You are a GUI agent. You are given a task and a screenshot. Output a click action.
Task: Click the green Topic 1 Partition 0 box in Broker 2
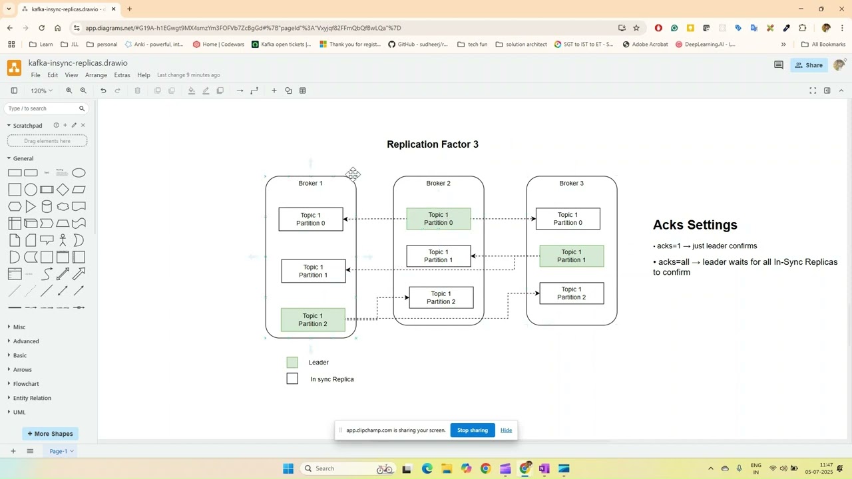tap(439, 219)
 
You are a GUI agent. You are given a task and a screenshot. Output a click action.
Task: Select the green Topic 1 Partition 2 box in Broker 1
tap(313, 320)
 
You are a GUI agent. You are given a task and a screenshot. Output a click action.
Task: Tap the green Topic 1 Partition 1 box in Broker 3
tap(572, 256)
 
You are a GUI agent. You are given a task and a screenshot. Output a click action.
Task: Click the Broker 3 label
tap(571, 183)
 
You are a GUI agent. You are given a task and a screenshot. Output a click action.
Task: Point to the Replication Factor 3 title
tap(433, 144)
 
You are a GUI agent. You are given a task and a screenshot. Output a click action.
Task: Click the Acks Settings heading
tap(695, 225)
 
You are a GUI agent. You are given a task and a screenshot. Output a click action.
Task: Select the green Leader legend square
tap(292, 363)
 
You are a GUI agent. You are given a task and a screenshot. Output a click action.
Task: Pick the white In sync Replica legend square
tap(292, 379)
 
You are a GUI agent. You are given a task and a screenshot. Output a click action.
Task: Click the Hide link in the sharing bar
tap(506, 430)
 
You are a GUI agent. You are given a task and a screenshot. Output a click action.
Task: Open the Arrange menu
tap(96, 75)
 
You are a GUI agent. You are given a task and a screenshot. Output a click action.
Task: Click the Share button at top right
tap(808, 65)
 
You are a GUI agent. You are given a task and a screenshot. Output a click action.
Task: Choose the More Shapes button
tap(49, 434)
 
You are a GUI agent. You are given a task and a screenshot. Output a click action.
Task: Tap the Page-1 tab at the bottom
tap(59, 451)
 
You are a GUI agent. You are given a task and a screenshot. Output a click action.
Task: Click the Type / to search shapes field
tap(41, 108)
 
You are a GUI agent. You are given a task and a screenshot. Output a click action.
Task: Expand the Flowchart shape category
tap(26, 384)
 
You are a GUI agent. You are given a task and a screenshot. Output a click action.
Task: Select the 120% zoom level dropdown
tap(41, 90)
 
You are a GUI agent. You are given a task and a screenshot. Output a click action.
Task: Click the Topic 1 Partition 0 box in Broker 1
tap(311, 219)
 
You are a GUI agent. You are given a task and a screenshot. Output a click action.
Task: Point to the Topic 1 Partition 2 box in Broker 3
tap(572, 293)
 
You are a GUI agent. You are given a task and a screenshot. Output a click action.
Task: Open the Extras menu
tap(122, 75)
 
